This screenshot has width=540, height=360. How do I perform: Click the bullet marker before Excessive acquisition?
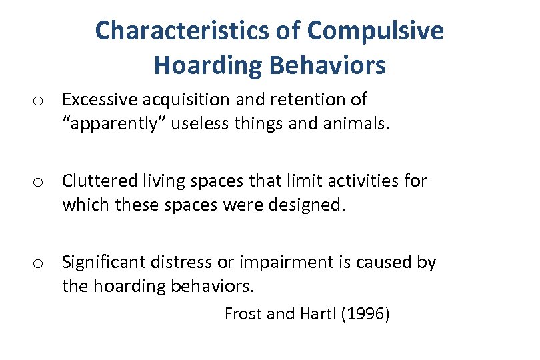coord(39,101)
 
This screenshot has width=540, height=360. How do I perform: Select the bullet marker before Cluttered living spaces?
coord(39,182)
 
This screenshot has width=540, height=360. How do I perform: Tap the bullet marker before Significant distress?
coord(39,263)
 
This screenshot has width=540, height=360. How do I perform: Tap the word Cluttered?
coord(98,181)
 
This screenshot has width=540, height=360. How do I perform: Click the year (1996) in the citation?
coord(365,313)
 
